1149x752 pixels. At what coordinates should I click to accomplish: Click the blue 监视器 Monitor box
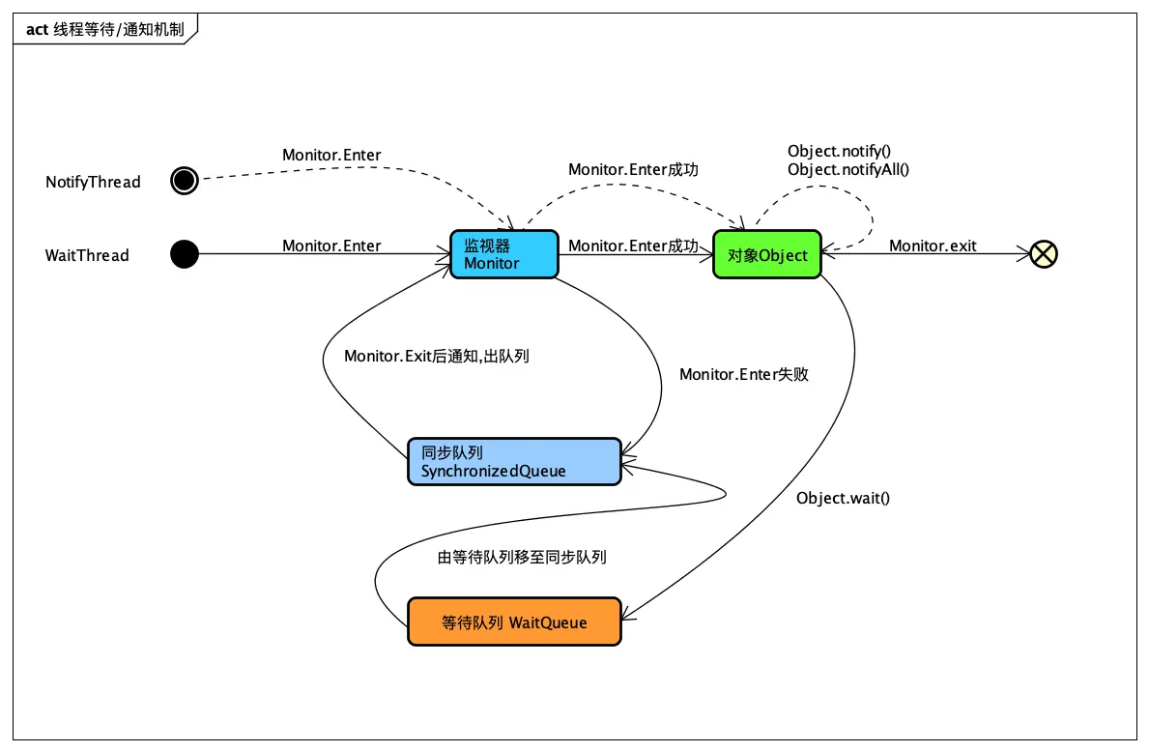(503, 254)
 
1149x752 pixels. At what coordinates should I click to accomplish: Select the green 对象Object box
(766, 255)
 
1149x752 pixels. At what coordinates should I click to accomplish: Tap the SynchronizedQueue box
(513, 462)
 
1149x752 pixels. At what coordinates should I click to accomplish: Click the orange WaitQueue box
(513, 622)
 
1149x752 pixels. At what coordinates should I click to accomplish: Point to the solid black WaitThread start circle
(184, 254)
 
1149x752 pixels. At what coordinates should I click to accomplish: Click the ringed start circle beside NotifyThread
(184, 180)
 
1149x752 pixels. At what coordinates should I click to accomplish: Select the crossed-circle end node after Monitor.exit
(1044, 254)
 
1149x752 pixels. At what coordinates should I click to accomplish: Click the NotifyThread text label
(93, 182)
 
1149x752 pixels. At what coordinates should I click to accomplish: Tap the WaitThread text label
(87, 255)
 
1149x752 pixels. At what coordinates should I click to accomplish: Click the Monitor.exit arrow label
(933, 246)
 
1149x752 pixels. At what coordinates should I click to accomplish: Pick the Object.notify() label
(839, 151)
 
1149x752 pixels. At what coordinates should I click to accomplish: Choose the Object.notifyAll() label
(848, 169)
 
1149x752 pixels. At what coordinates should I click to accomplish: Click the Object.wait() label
(843, 498)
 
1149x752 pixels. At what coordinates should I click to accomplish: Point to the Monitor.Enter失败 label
(743, 374)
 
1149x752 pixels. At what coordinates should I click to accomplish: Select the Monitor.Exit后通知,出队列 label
(436, 356)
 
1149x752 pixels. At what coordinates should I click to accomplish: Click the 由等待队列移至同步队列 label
(522, 557)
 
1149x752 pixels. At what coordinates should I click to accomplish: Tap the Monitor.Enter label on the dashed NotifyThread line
(331, 155)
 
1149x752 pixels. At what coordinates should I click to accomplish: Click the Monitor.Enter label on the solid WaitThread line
(331, 246)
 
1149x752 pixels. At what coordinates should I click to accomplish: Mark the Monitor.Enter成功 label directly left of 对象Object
(633, 246)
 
